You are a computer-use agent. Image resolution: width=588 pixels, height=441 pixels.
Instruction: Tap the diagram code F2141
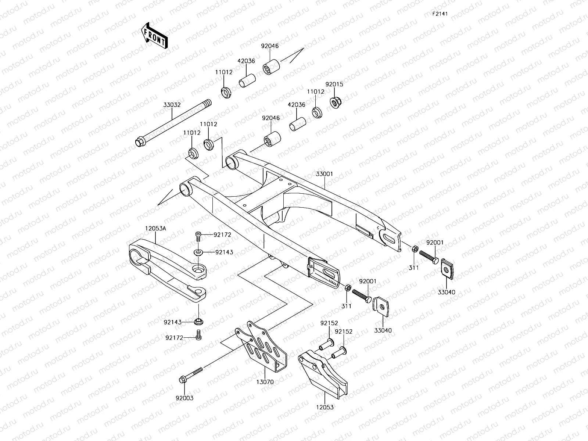[440, 14]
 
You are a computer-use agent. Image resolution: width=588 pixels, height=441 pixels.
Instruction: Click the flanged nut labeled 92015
[335, 101]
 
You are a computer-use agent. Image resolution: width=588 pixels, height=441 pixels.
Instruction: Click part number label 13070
[265, 382]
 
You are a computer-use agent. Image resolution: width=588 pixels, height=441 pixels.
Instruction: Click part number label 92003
[184, 398]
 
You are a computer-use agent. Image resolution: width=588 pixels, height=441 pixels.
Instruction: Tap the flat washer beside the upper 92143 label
[198, 252]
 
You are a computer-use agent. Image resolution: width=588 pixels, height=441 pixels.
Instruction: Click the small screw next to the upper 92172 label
[198, 236]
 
